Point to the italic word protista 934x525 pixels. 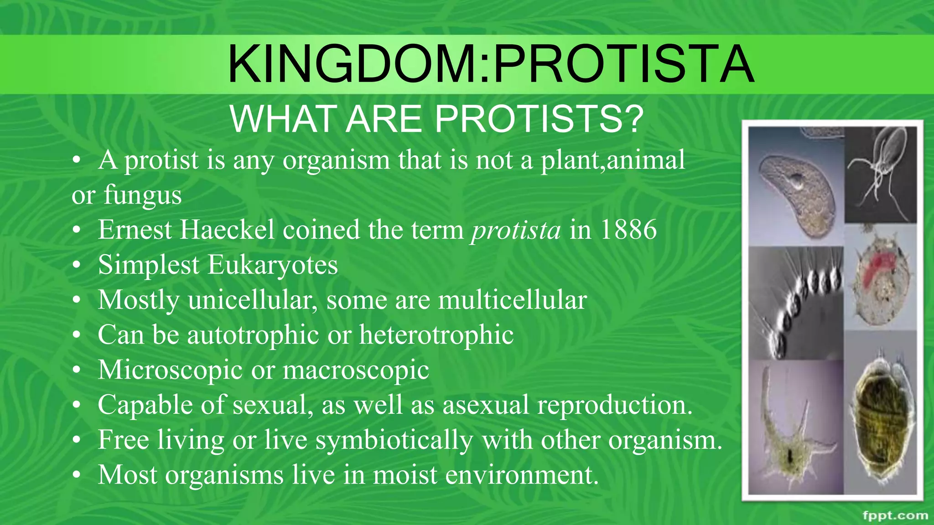pyautogui.click(x=516, y=230)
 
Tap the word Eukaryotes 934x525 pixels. pyautogui.click(x=272, y=265)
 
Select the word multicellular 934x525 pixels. pyautogui.click(x=512, y=300)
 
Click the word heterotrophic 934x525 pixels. pyautogui.click(x=436, y=335)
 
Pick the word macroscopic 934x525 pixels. pyautogui.click(x=356, y=370)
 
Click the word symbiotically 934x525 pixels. pyautogui.click(x=394, y=441)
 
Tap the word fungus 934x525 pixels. pyautogui.click(x=142, y=196)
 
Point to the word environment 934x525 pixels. pyautogui.click(x=521, y=475)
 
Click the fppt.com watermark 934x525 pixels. pyautogui.click(x=895, y=515)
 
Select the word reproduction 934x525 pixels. pyautogui.click(x=614, y=405)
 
